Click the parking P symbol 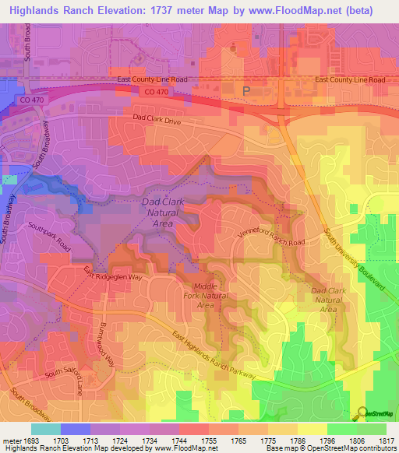247,91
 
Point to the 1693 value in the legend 31,440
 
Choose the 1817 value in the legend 387,440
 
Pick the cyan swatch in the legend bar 46,429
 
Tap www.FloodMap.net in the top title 301,10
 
